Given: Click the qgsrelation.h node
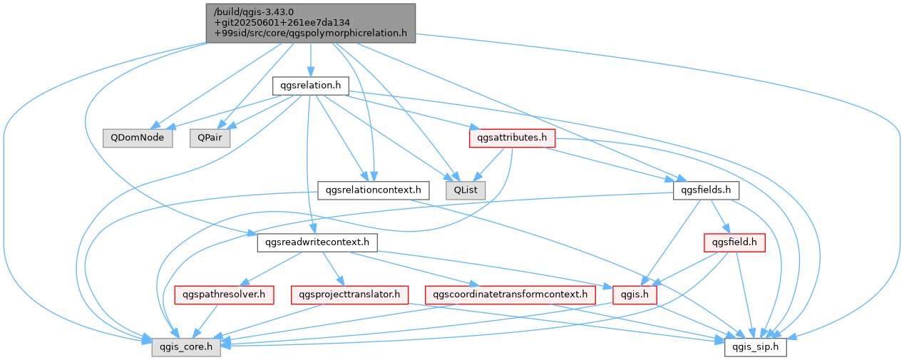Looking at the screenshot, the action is pos(310,86).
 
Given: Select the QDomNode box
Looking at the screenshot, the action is pos(138,138).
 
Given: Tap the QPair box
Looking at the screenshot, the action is pos(210,138).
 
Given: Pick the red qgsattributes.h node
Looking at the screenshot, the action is pos(512,138).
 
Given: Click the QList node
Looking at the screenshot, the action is pos(466,190).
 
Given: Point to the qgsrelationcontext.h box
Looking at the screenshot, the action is pos(374,190).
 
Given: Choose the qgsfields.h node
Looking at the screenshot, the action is pos(706,190).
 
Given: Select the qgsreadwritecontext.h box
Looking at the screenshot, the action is pos(317,242).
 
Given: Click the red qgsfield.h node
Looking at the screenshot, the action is pos(734,242).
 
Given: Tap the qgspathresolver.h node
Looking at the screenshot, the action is pos(224,295).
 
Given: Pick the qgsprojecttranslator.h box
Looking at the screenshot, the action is pos(349,295).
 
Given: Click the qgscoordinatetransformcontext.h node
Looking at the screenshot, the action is pos(510,295).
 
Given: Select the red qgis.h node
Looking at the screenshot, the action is pos(635,295).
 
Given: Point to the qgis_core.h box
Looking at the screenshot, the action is pos(186,347).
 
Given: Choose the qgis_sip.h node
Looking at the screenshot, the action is pos(756,347).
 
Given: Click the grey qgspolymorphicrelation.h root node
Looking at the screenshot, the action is pos(310,24).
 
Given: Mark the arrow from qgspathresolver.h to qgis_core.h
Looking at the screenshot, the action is pos(206,321).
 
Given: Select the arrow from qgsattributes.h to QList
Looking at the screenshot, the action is pos(489,164).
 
